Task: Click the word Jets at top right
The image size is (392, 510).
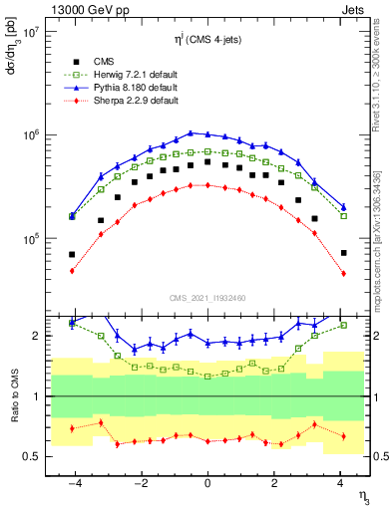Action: [356, 9]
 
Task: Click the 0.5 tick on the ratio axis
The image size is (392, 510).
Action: [32, 456]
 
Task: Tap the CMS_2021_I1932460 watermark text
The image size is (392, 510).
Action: [207, 297]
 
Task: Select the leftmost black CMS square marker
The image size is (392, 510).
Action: [72, 254]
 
